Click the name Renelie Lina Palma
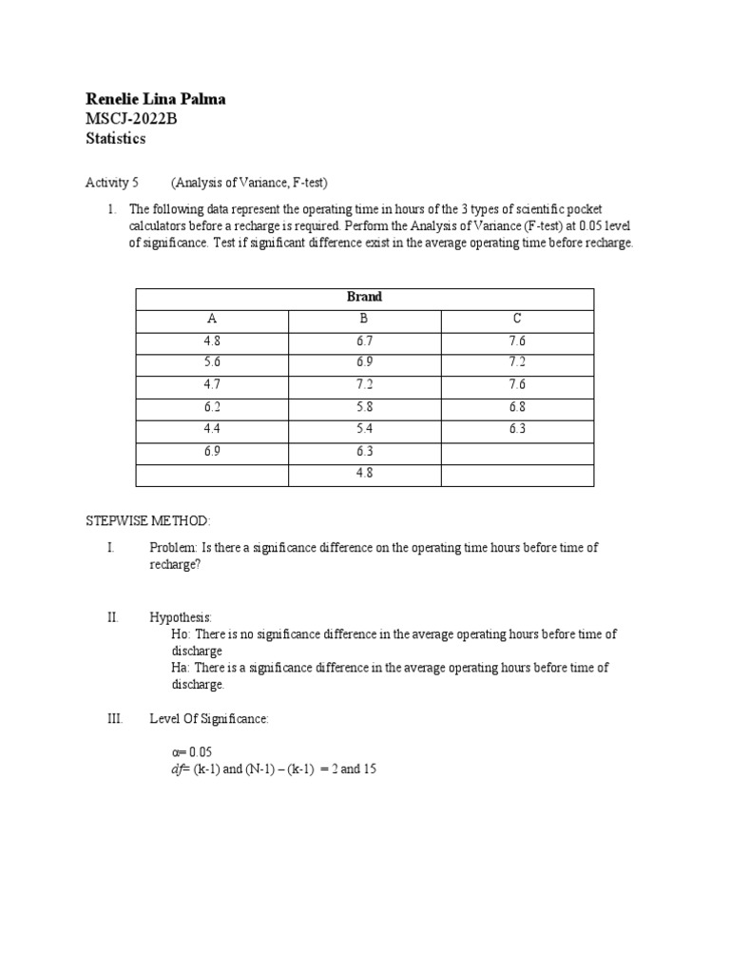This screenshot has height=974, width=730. tap(156, 99)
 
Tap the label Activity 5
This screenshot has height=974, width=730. tap(112, 182)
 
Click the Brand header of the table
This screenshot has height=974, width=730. tap(364, 297)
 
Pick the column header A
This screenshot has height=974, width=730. tap(212, 319)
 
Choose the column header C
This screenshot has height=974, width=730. tap(517, 319)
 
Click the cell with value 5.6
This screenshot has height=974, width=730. tap(212, 362)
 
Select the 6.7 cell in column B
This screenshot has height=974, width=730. tap(364, 341)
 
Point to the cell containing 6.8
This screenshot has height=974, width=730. tap(517, 406)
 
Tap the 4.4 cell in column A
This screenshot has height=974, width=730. tap(212, 429)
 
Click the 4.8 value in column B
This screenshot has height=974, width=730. tap(364, 473)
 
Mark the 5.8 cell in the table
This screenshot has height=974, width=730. tap(364, 406)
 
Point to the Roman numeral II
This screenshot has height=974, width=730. tap(112, 617)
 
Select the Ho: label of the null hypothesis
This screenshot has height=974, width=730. tap(181, 633)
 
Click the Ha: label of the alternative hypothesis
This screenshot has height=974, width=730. tap(181, 668)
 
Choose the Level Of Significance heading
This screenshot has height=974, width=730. tap(209, 719)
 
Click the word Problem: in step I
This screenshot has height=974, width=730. tap(172, 548)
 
